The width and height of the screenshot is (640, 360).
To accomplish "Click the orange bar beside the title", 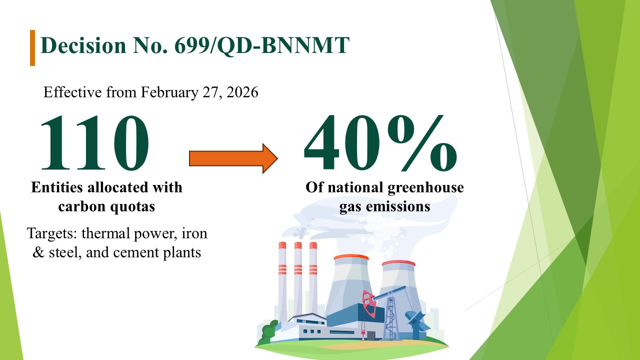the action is [x=32, y=48].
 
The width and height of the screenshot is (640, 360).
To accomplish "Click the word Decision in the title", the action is [x=83, y=45].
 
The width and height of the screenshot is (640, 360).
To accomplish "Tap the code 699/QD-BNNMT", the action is [x=262, y=45].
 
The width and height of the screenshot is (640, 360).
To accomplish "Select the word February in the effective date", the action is [x=169, y=92].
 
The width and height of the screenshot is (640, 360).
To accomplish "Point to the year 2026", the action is [x=242, y=92].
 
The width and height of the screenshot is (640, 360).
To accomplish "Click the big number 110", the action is [x=95, y=142].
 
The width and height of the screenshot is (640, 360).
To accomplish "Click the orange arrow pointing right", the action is [x=233, y=158].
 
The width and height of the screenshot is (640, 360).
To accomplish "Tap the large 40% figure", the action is [x=380, y=142].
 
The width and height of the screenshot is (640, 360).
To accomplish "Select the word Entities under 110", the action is [x=57, y=187].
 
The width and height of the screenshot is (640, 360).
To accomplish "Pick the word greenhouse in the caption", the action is [x=425, y=188].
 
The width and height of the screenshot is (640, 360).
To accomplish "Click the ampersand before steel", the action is [x=38, y=252].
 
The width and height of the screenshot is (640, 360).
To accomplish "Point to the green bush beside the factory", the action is [x=267, y=332].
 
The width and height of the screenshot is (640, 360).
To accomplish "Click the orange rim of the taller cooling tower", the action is [x=351, y=257].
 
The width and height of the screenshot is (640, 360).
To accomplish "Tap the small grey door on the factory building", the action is [x=371, y=335].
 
